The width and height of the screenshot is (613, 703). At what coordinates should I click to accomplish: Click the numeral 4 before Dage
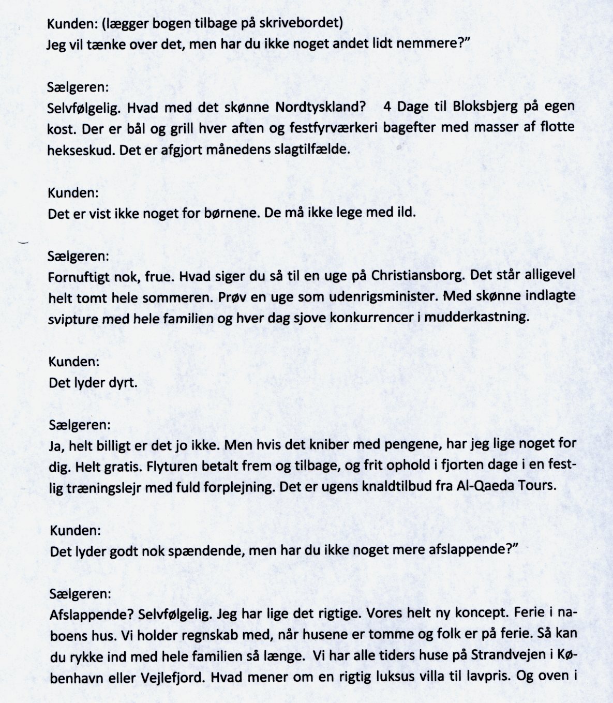[388, 107]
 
